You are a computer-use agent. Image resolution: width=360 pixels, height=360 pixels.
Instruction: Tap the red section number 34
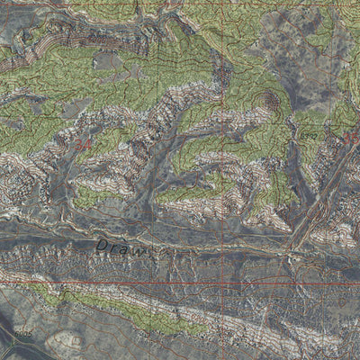point(85,144)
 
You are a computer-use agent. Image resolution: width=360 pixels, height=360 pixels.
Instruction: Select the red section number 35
point(352,138)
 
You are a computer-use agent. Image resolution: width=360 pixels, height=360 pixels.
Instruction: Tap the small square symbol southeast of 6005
point(76,343)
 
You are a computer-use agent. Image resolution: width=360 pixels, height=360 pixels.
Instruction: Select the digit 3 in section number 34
point(80,144)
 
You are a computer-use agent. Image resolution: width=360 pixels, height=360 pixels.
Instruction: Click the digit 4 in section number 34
point(89,144)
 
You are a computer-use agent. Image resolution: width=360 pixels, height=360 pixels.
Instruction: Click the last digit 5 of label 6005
point(30,332)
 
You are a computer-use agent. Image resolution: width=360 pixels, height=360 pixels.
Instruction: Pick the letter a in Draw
point(127,249)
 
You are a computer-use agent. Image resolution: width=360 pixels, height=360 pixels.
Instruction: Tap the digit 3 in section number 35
point(348,138)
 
